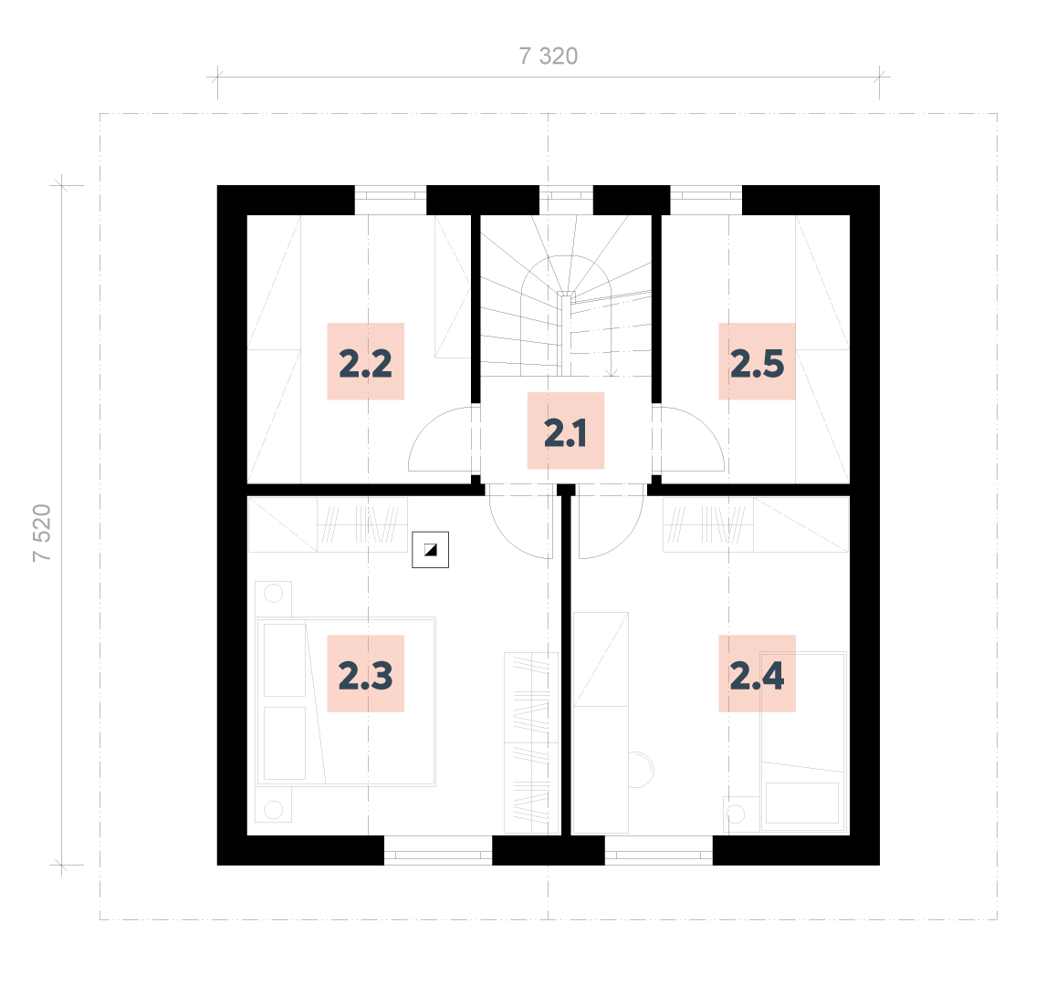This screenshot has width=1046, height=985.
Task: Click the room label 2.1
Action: coord(566,431)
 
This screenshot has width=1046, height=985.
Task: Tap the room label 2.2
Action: coord(366,362)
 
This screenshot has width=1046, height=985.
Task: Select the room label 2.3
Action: coord(366,674)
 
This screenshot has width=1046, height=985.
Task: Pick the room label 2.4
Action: coord(758,674)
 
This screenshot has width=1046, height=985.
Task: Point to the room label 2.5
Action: coord(758,362)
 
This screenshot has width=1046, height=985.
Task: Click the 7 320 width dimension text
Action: coord(549,56)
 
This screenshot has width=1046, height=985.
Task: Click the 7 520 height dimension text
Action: coord(41,533)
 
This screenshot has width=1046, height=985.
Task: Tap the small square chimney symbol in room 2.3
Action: coord(430,550)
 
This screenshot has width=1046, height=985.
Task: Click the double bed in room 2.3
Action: coord(346,701)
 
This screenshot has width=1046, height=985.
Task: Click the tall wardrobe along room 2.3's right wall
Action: coord(531,743)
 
